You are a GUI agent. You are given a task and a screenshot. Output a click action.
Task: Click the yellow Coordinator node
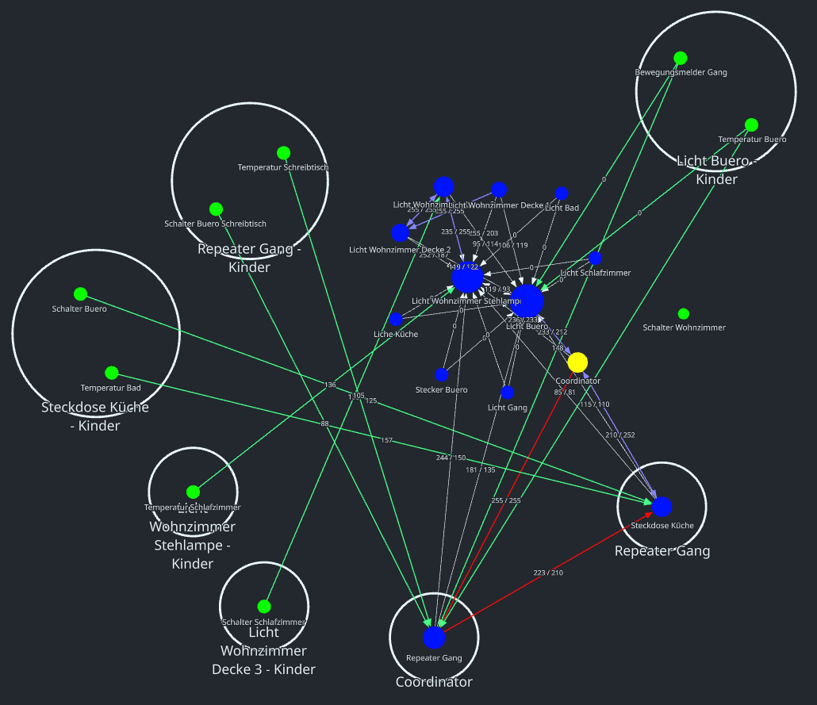577,362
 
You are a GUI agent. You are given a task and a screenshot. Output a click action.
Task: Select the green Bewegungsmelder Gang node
680,58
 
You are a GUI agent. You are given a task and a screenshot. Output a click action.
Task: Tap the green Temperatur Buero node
751,125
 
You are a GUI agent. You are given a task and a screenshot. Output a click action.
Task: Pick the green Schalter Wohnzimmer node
684,314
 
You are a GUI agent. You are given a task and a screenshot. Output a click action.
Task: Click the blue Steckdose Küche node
662,507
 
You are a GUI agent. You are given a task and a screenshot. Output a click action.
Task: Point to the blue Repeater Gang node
434,637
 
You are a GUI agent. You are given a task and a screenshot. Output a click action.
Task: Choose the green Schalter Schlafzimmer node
264,607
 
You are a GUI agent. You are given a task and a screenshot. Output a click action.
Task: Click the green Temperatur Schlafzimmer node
193,492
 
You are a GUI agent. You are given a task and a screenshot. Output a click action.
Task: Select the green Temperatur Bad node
112,373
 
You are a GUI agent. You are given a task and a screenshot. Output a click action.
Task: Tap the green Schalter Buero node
80,294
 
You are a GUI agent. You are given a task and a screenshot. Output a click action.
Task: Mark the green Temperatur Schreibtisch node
283,152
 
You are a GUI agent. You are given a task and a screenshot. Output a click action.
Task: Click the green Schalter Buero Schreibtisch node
216,209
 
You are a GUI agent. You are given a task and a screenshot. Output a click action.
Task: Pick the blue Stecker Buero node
442,374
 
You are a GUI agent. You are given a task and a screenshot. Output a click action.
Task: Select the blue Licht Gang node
508,393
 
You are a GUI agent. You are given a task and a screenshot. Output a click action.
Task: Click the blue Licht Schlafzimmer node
595,258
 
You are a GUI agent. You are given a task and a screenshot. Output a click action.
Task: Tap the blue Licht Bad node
562,193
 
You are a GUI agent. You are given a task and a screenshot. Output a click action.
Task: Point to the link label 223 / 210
548,573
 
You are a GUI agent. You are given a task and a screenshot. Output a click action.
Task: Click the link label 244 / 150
451,458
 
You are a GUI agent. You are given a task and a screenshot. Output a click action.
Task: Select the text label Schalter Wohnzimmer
684,328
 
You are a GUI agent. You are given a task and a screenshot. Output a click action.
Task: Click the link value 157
386,440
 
